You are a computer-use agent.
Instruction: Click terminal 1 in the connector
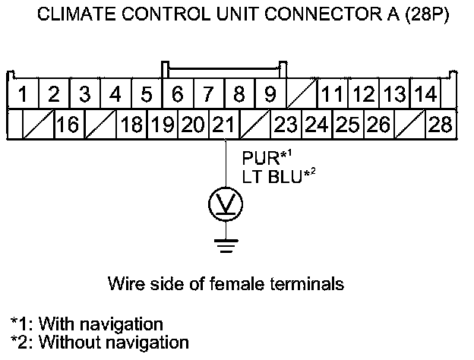tap(24, 96)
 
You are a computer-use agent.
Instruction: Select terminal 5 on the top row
tap(147, 96)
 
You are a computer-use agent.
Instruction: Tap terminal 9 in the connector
tap(269, 96)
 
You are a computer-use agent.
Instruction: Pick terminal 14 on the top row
tap(425, 96)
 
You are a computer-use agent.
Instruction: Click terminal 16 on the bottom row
tap(68, 124)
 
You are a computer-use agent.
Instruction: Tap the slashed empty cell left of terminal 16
tap(36, 124)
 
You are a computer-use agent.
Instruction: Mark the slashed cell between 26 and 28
tap(409, 124)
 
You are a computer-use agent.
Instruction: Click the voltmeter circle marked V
tap(226, 204)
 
